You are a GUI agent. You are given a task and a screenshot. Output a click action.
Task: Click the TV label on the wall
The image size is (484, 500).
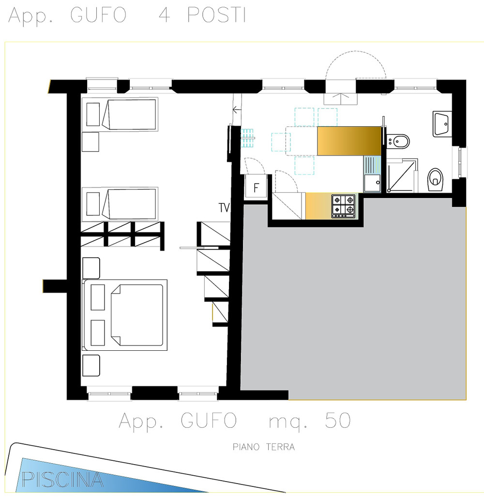(224, 207)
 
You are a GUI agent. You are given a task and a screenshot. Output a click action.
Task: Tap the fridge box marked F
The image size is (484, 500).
(256, 187)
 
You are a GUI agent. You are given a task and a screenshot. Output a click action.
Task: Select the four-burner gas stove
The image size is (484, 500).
(344, 206)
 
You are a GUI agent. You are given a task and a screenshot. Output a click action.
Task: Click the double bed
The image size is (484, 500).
(125, 315)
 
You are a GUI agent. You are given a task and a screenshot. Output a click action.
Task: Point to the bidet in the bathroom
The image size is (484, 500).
(398, 141)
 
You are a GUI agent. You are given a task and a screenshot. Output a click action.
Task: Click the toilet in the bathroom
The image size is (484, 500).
(435, 180)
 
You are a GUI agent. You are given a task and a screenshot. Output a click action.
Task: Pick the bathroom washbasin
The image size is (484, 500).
(442, 124)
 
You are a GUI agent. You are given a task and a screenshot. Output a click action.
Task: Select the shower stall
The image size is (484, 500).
(402, 176)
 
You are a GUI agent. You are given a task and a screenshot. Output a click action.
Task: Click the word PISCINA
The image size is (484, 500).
(62, 479)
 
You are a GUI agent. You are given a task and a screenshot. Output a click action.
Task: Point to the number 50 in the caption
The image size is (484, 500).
(338, 420)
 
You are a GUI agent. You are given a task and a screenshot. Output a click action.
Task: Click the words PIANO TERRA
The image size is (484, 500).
(263, 447)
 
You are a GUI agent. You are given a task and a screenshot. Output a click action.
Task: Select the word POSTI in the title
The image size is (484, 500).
(217, 15)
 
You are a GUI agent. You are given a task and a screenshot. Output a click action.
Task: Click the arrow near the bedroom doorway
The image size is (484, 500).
(237, 110)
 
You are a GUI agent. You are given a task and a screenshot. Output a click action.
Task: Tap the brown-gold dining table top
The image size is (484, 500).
(349, 141)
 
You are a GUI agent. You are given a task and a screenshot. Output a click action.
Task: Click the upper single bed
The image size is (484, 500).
(120, 114)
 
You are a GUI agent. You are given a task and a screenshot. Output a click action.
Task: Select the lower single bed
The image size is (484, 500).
(120, 204)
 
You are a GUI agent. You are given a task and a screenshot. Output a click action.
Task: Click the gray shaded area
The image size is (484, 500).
(354, 300)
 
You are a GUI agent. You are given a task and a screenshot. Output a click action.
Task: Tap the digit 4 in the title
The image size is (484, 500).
(164, 15)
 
